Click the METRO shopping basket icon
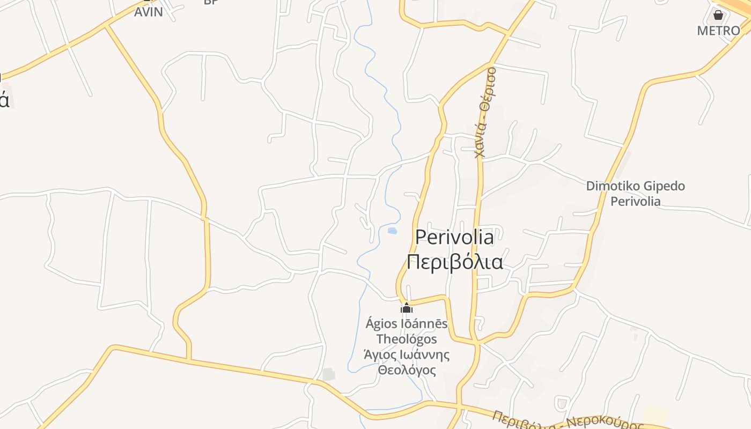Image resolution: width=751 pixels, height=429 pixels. click(x=718, y=14)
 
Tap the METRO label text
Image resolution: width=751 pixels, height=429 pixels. click(x=718, y=31)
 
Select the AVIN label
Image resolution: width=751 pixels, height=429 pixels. click(x=148, y=12)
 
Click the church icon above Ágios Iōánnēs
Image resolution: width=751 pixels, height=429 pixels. click(x=407, y=308)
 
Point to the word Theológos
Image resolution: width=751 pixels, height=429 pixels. click(x=407, y=339)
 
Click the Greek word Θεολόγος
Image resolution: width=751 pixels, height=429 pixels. click(x=407, y=370)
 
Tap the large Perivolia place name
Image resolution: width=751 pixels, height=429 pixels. click(x=454, y=236)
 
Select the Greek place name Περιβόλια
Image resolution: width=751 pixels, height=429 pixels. click(x=454, y=262)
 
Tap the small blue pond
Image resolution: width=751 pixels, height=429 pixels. click(x=392, y=231)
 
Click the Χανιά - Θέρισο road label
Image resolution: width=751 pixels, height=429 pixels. click(x=485, y=113)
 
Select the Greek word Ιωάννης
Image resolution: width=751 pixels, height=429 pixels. click(x=423, y=354)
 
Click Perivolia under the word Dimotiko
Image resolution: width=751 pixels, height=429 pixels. click(x=635, y=202)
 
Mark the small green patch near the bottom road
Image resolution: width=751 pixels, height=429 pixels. click(x=328, y=374)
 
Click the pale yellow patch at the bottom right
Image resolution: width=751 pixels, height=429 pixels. click(x=656, y=415)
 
